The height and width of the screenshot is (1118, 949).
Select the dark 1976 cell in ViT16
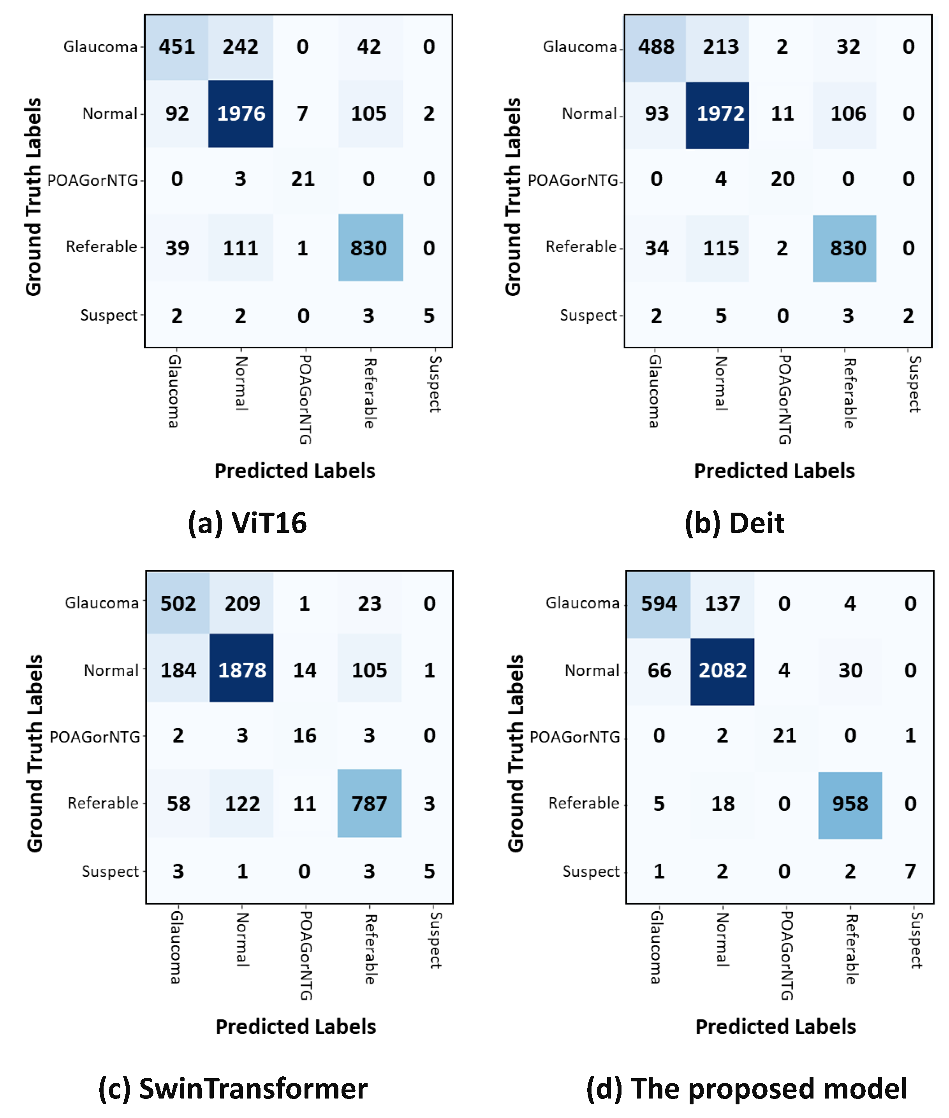(x=241, y=113)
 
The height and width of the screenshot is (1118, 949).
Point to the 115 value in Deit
(x=720, y=248)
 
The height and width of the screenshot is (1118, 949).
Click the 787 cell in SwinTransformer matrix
(x=369, y=803)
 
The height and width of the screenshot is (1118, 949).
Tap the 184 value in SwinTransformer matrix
(x=178, y=670)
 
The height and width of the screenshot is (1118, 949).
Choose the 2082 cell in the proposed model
(x=722, y=670)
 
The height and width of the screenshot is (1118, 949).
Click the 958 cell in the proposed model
(x=849, y=803)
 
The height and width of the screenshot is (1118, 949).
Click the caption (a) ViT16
(x=247, y=523)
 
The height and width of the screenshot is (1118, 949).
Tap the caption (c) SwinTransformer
(x=232, y=1088)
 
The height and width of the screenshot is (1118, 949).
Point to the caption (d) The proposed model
(x=746, y=1088)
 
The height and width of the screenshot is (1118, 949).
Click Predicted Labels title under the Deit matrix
(x=774, y=471)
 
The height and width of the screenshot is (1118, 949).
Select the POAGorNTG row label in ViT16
(x=93, y=180)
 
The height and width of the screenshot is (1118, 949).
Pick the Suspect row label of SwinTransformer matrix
(x=110, y=871)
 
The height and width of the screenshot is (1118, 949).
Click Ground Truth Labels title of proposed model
(x=515, y=753)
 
